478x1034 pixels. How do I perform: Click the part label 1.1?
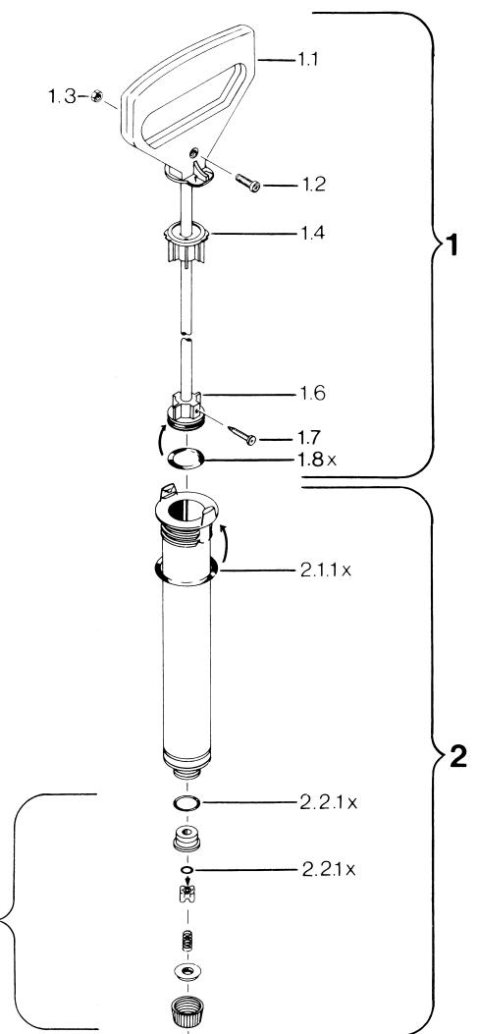[307, 60]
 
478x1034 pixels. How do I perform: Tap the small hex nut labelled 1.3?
[94, 96]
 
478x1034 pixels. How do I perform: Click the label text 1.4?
[313, 233]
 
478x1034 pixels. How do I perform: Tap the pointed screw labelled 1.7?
[242, 435]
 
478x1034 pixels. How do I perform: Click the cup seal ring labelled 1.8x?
[186, 458]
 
